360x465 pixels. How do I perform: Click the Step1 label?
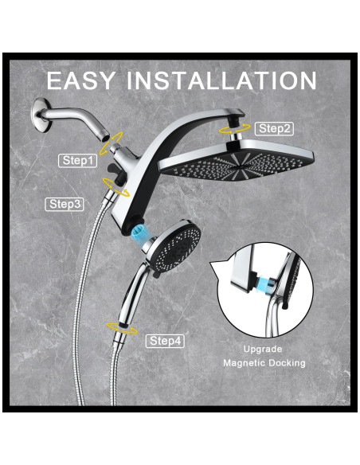tap(78, 160)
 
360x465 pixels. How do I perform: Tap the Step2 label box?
tap(274, 129)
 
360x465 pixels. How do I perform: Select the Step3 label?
tap(65, 204)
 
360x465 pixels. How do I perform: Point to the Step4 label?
tap(165, 341)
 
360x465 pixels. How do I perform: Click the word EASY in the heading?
tap(80, 80)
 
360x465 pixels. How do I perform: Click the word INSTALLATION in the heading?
tap(221, 80)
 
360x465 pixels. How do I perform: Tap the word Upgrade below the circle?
tap(263, 350)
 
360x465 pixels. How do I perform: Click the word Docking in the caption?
tap(287, 363)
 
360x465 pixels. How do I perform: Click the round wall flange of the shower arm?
tap(40, 115)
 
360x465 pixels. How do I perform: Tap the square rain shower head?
tap(237, 162)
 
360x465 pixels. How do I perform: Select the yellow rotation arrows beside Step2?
tap(235, 129)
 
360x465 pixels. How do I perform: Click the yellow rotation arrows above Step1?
tap(112, 143)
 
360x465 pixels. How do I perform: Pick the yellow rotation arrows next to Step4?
tap(122, 328)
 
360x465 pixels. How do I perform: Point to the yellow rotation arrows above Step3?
tap(115, 187)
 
